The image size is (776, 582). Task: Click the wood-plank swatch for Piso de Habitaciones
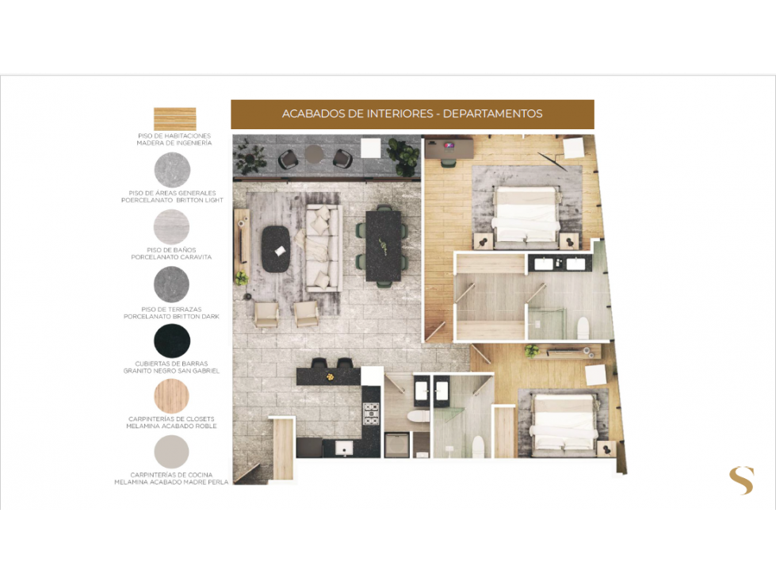click(x=174, y=119)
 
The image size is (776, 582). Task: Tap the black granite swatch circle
click(x=172, y=341)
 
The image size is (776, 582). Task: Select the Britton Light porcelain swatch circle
click(x=172, y=170)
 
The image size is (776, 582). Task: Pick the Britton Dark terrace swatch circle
click(x=172, y=285)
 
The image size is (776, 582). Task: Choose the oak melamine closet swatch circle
click(x=172, y=396)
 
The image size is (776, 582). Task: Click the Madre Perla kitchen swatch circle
click(x=172, y=452)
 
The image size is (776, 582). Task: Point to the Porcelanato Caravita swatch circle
click(x=172, y=227)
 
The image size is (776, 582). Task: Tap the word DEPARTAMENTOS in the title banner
click(x=492, y=114)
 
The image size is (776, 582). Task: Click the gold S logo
click(x=741, y=481)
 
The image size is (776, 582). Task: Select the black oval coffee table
click(x=276, y=249)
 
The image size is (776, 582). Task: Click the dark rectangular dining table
click(x=383, y=246)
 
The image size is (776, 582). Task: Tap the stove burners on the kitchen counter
click(x=371, y=414)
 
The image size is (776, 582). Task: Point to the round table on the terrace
click(x=314, y=153)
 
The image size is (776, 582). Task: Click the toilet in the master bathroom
click(x=583, y=328)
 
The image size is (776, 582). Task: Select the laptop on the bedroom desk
click(x=450, y=146)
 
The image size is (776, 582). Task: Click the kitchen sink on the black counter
click(x=344, y=448)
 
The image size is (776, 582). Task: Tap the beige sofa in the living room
click(x=323, y=247)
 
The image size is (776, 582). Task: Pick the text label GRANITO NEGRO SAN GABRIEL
click(x=171, y=370)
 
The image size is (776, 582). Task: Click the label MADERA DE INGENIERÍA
click(x=174, y=143)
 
